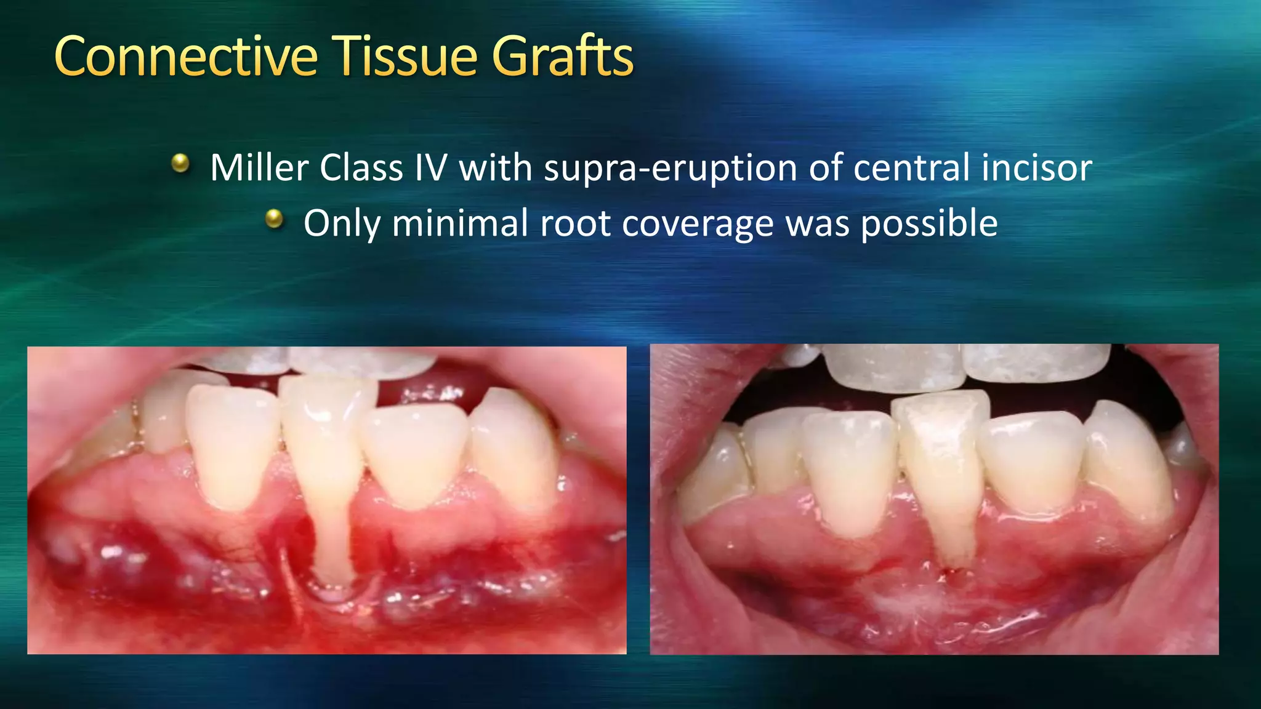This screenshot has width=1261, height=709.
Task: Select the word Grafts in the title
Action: coord(562,57)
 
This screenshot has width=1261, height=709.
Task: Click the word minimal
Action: coord(459,223)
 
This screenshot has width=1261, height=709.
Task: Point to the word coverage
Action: coord(698,224)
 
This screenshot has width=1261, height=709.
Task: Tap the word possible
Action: coord(929,223)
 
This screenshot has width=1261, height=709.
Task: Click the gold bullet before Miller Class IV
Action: coord(180,163)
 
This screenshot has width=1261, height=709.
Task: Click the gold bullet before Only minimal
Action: coord(274,218)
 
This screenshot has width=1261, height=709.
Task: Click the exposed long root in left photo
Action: coord(332,542)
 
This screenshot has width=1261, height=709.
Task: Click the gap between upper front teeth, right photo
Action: coord(962,369)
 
